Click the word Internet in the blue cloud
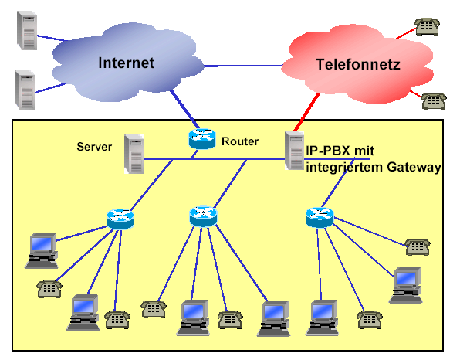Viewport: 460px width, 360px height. pyautogui.click(x=126, y=63)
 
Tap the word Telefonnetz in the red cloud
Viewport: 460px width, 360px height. pyautogui.click(x=358, y=64)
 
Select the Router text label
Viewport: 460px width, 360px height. pyautogui.click(x=240, y=141)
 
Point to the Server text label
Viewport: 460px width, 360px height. pyautogui.click(x=94, y=147)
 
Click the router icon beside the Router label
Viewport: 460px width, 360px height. pyautogui.click(x=202, y=138)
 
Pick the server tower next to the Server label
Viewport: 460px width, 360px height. pyautogui.click(x=134, y=154)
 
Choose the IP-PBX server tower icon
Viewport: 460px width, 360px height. pyautogui.click(x=295, y=151)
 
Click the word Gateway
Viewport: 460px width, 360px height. pyautogui.click(x=414, y=168)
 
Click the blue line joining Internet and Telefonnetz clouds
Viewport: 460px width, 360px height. pyautogui.click(x=243, y=66)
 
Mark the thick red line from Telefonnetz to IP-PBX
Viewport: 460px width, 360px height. pyautogui.click(x=307, y=111)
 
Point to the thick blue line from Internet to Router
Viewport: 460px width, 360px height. pyautogui.click(x=184, y=110)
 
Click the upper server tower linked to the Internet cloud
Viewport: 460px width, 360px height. pyautogui.click(x=27, y=31)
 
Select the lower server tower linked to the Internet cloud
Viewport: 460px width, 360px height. pyautogui.click(x=25, y=90)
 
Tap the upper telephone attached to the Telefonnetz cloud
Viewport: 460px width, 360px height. pyautogui.click(x=427, y=27)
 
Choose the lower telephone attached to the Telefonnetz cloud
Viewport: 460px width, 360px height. pyautogui.click(x=434, y=102)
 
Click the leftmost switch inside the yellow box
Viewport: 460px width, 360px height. pyautogui.click(x=120, y=219)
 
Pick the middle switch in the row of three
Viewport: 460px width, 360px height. pyautogui.click(x=203, y=217)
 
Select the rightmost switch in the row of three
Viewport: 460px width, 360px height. pyautogui.click(x=320, y=218)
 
